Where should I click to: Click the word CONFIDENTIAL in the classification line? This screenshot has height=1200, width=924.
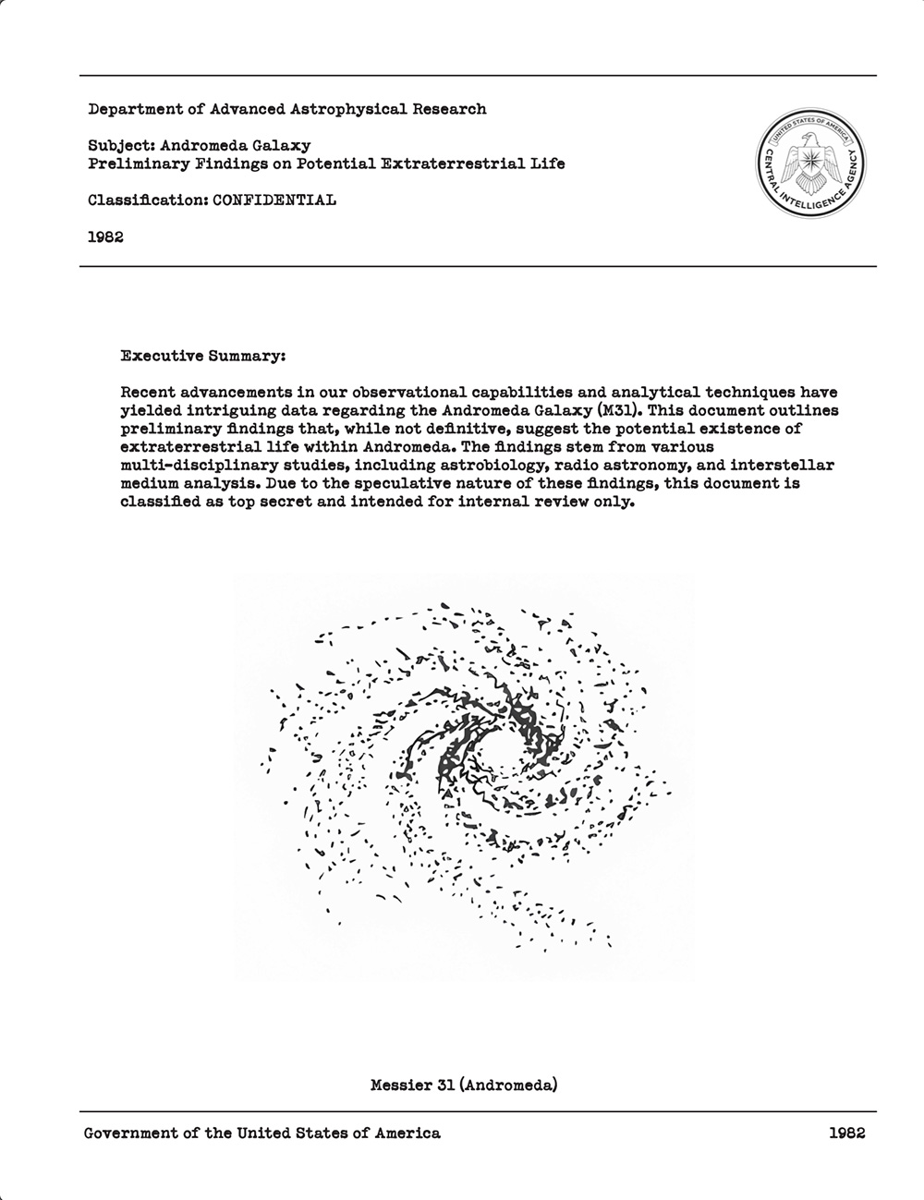pyautogui.click(x=274, y=200)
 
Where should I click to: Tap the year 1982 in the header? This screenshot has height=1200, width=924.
pyautogui.click(x=106, y=236)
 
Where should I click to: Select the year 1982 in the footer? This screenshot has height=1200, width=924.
pyautogui.click(x=846, y=1133)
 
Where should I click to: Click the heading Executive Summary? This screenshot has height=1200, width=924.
pyautogui.click(x=203, y=355)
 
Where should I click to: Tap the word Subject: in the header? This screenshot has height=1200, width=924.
pyautogui.click(x=121, y=145)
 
